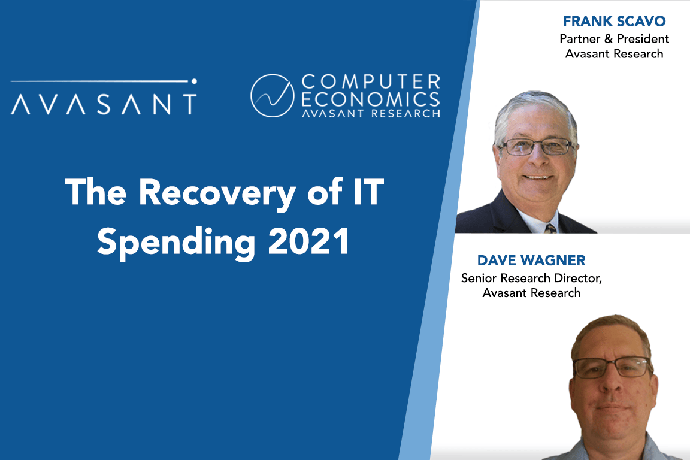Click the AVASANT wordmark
[104, 103]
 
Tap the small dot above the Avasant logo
[193, 80]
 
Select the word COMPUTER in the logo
[371, 81]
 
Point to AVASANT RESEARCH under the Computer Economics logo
[371, 112]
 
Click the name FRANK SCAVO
[614, 22]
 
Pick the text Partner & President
[614, 39]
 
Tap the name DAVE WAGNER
[531, 261]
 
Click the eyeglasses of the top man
[535, 146]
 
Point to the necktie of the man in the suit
[549, 228]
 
